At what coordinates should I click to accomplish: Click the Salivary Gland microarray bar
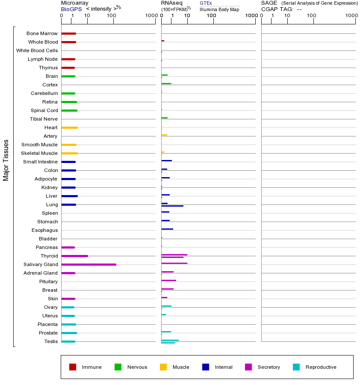[89, 264]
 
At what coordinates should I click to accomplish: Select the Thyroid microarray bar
[75, 256]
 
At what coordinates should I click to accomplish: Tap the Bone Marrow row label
[42, 33]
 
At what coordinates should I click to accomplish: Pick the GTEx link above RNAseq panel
[206, 3]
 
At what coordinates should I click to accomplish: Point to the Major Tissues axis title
[6, 160]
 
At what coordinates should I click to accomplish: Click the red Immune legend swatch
[73, 367]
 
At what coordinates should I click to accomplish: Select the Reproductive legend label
[321, 367]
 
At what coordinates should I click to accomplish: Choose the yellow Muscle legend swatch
[163, 367]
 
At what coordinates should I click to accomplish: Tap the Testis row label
[51, 341]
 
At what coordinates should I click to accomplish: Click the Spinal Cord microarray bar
[69, 110]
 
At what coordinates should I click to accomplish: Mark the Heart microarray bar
[69, 127]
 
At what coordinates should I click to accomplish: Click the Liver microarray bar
[69, 196]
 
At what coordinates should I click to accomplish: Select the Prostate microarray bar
[69, 333]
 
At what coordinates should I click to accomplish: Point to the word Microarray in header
[75, 3]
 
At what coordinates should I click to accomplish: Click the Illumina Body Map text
[219, 9]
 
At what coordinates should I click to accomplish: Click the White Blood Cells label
[37, 50]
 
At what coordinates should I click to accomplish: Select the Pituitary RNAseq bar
[168, 280]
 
